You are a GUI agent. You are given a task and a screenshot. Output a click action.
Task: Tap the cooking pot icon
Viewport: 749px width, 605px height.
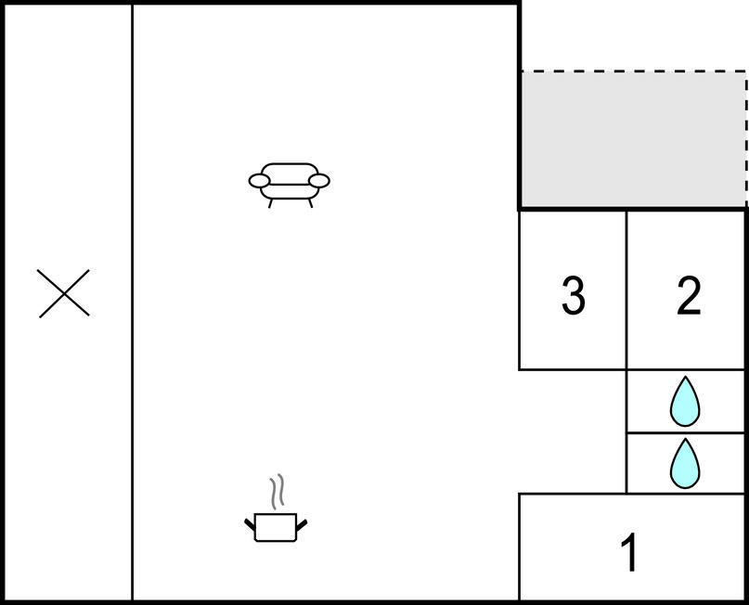tap(276, 508)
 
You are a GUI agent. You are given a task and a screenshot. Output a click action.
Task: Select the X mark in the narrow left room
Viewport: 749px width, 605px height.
tap(63, 293)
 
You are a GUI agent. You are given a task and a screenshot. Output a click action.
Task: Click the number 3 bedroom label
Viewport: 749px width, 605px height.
tap(573, 296)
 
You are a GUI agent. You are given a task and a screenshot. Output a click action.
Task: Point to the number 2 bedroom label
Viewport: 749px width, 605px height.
tap(689, 296)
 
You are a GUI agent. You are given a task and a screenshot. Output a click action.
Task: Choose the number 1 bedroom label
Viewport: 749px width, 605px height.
tap(629, 552)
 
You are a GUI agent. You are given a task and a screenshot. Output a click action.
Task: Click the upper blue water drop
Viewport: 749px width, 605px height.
tap(685, 401)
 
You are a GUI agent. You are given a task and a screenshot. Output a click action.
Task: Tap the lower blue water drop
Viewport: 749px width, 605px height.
tap(685, 463)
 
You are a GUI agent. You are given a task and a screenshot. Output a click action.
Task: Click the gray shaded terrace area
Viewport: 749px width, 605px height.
tap(633, 139)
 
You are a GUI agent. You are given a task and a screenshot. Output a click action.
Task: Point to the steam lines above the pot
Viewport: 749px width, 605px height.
tap(278, 492)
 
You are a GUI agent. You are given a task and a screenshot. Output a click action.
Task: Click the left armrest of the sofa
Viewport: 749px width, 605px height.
tap(259, 181)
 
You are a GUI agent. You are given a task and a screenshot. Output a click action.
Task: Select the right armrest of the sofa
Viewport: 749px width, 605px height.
tap(319, 181)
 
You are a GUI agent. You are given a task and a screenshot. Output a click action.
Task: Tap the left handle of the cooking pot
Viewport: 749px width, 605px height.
tap(250, 524)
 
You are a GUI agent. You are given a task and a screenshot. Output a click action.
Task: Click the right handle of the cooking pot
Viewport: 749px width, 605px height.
tap(302, 524)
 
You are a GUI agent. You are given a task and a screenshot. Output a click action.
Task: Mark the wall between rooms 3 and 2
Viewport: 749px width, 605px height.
tap(626, 290)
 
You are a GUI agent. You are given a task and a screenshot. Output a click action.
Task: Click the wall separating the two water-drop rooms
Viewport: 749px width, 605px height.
tap(686, 432)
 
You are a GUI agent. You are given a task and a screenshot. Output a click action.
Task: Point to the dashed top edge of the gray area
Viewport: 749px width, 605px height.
tap(633, 71)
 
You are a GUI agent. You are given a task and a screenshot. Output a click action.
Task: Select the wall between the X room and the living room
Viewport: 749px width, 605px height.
tap(133, 302)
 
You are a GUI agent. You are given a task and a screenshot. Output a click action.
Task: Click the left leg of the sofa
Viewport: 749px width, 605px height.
tap(270, 203)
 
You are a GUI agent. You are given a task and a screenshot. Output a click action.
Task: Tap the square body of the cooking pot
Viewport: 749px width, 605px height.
tap(276, 528)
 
